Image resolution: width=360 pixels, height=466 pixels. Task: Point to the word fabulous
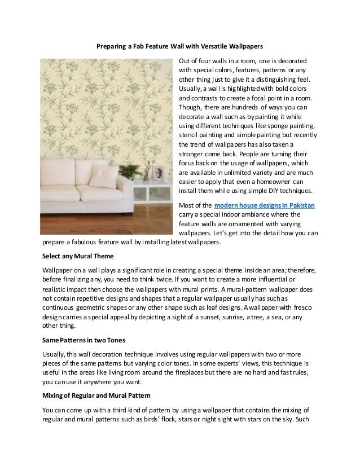[x=84, y=243]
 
